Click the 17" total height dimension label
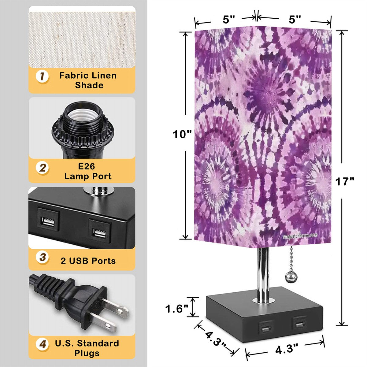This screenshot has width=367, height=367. [x=345, y=181]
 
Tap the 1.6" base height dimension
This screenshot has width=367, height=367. [x=177, y=309]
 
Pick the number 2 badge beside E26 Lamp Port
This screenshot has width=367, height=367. [x=43, y=168]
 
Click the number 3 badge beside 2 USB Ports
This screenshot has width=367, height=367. [x=43, y=257]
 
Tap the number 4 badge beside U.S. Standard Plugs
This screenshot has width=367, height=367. [x=43, y=345]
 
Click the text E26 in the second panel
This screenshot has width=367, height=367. [x=87, y=166]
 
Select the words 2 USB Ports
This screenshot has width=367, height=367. [x=88, y=261]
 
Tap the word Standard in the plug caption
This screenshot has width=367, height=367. [x=98, y=343]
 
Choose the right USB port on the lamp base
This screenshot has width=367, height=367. [x=298, y=323]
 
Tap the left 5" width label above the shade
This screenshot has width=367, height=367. [x=228, y=20]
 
